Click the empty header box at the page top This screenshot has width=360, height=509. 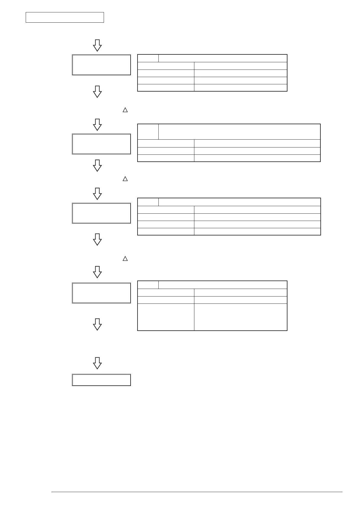65,18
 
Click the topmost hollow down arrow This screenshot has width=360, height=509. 97,45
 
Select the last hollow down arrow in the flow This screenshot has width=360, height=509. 97,363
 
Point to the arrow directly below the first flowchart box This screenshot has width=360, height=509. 97,91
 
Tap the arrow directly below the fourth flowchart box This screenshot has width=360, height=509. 97,324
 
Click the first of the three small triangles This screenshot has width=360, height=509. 125,110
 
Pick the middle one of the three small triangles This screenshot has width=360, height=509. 125,179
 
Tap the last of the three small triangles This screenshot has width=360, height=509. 125,258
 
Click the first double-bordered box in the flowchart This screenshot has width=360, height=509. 101,65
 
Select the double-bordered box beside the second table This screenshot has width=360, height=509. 101,144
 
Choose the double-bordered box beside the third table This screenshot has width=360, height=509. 101,213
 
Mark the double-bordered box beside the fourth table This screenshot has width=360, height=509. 101,293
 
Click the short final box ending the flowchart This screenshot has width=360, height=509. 101,380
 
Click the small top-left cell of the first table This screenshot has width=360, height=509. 148,58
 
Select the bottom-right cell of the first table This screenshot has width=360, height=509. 240,88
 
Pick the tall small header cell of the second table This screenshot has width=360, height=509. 148,131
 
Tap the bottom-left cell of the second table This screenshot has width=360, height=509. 166,158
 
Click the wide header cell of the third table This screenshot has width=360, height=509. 239,202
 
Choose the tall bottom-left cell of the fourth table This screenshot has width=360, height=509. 166,317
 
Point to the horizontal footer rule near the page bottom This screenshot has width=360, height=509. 196,492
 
